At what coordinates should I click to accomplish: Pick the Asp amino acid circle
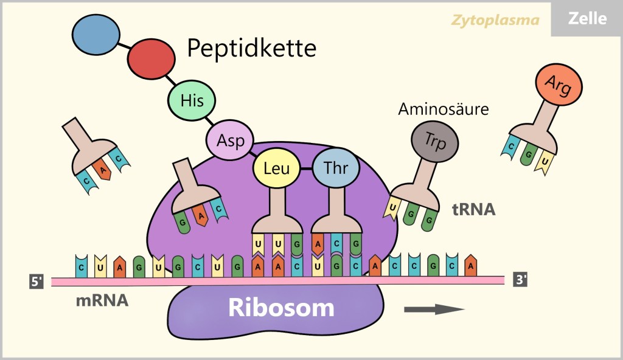click(230, 140)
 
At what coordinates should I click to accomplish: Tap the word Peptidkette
click(251, 48)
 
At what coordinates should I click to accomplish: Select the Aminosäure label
click(444, 110)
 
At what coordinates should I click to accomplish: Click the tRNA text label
click(473, 210)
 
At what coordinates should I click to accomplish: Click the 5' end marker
click(36, 282)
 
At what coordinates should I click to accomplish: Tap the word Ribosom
click(281, 308)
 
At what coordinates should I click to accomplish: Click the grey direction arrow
click(434, 309)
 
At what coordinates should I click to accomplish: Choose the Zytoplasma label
click(495, 20)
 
